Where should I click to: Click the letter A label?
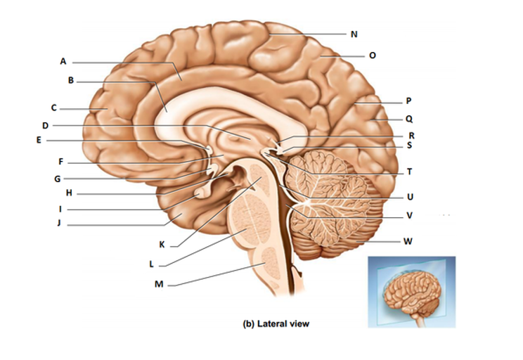coord(63,62)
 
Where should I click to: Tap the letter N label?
coord(354,33)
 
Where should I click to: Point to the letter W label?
coord(408,241)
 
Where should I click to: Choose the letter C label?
coord(53,108)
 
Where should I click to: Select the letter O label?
coord(372,54)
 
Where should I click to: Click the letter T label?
coord(409,172)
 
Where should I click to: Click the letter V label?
coord(409,215)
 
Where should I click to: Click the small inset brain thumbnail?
coord(412,292)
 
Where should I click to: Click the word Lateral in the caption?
coord(272,324)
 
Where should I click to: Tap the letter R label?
coord(411,135)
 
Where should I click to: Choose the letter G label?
coord(57,179)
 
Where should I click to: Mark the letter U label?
coord(409,196)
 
